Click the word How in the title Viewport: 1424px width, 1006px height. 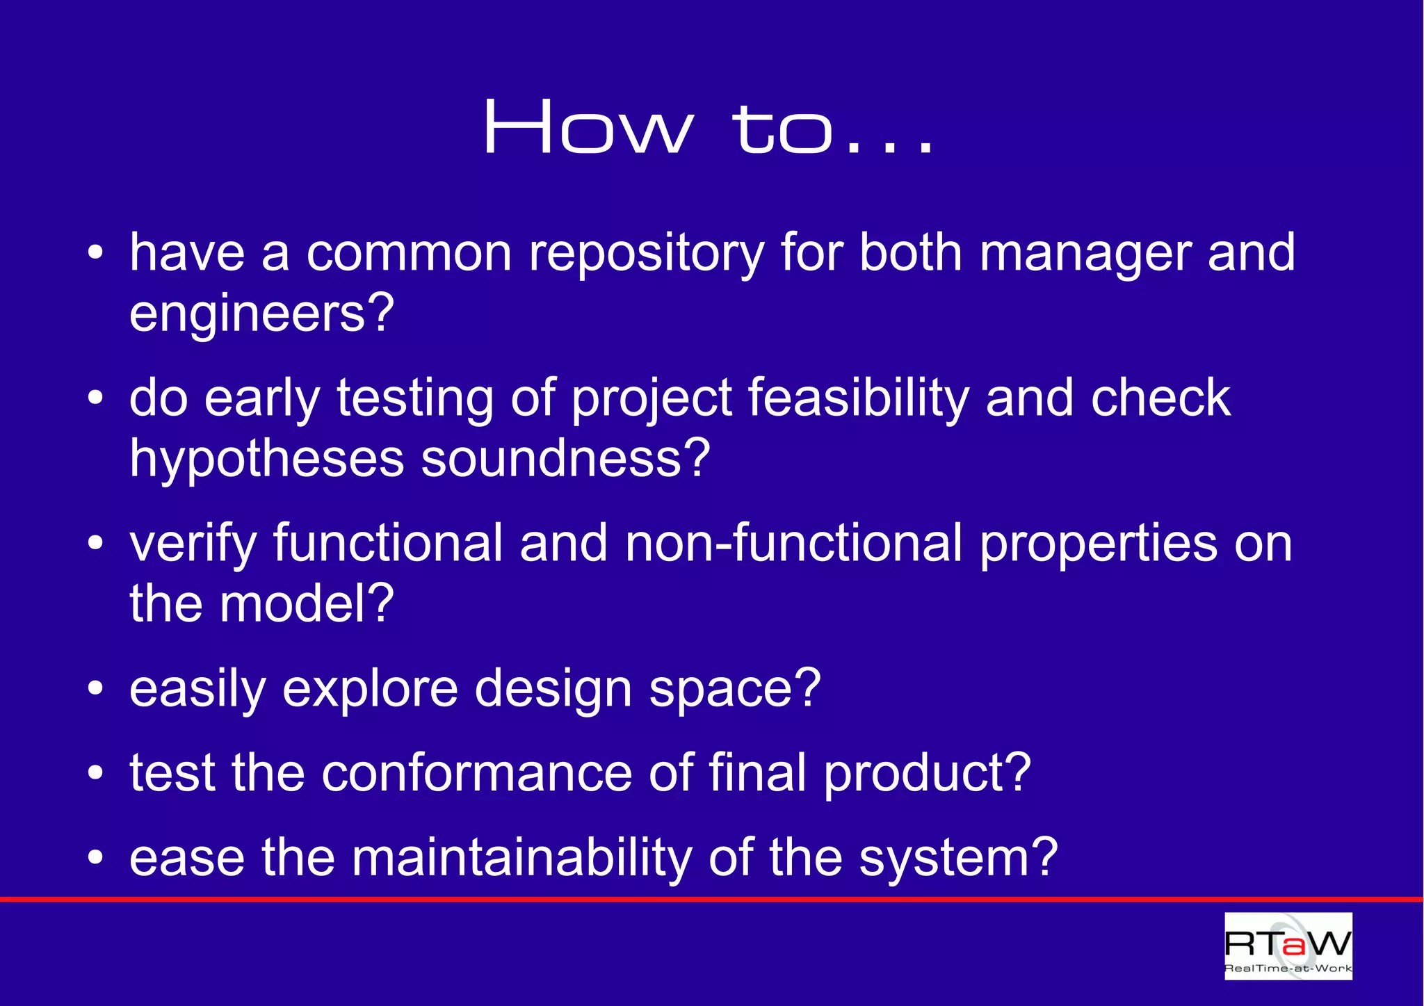pyautogui.click(x=588, y=127)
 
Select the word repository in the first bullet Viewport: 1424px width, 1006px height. pyautogui.click(x=646, y=254)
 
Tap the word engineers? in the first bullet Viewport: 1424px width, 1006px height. pyautogui.click(x=261, y=314)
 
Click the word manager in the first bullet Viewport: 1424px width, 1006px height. pyautogui.click(x=1085, y=254)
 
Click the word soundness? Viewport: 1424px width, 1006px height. pyautogui.click(x=565, y=459)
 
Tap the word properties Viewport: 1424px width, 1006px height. pyautogui.click(x=1098, y=544)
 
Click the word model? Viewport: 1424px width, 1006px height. pyautogui.click(x=307, y=603)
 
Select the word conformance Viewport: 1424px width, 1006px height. pyautogui.click(x=476, y=773)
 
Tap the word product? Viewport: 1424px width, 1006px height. pyautogui.click(x=927, y=774)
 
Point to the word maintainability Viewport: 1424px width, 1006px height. pyautogui.click(x=521, y=858)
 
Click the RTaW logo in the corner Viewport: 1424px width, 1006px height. pyautogui.click(x=1288, y=946)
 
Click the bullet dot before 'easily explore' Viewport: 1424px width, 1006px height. pyautogui.click(x=96, y=689)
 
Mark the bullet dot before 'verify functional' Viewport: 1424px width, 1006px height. pyautogui.click(x=96, y=544)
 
